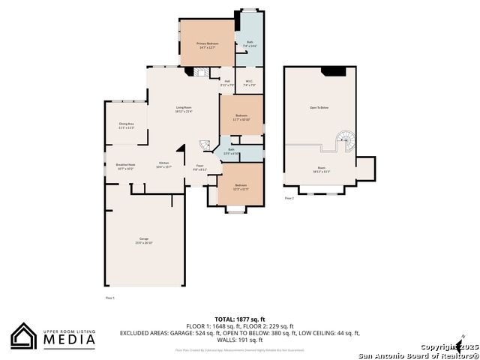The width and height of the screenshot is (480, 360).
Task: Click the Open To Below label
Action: (x=319, y=107)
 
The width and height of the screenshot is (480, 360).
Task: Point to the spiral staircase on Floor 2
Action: (x=345, y=139)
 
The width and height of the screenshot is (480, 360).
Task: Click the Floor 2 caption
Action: (x=289, y=198)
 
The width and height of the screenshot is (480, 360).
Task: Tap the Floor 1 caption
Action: (x=109, y=298)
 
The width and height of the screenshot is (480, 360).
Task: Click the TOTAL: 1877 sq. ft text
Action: (x=240, y=319)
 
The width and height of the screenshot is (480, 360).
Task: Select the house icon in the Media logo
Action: (x=24, y=337)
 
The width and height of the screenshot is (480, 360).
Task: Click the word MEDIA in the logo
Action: (x=67, y=340)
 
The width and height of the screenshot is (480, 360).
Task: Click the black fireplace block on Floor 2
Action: (x=333, y=71)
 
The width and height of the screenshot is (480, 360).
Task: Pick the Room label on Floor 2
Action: (x=320, y=169)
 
